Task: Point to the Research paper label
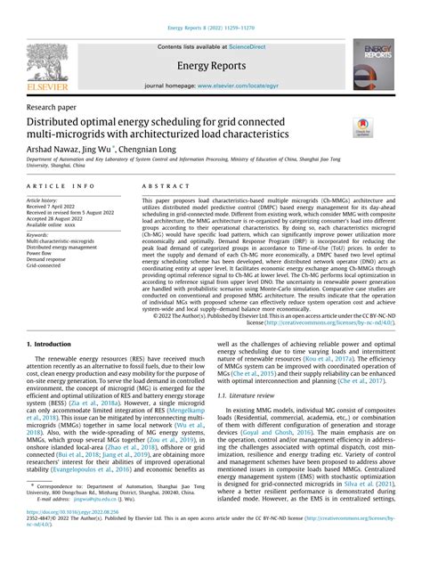(55, 105)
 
